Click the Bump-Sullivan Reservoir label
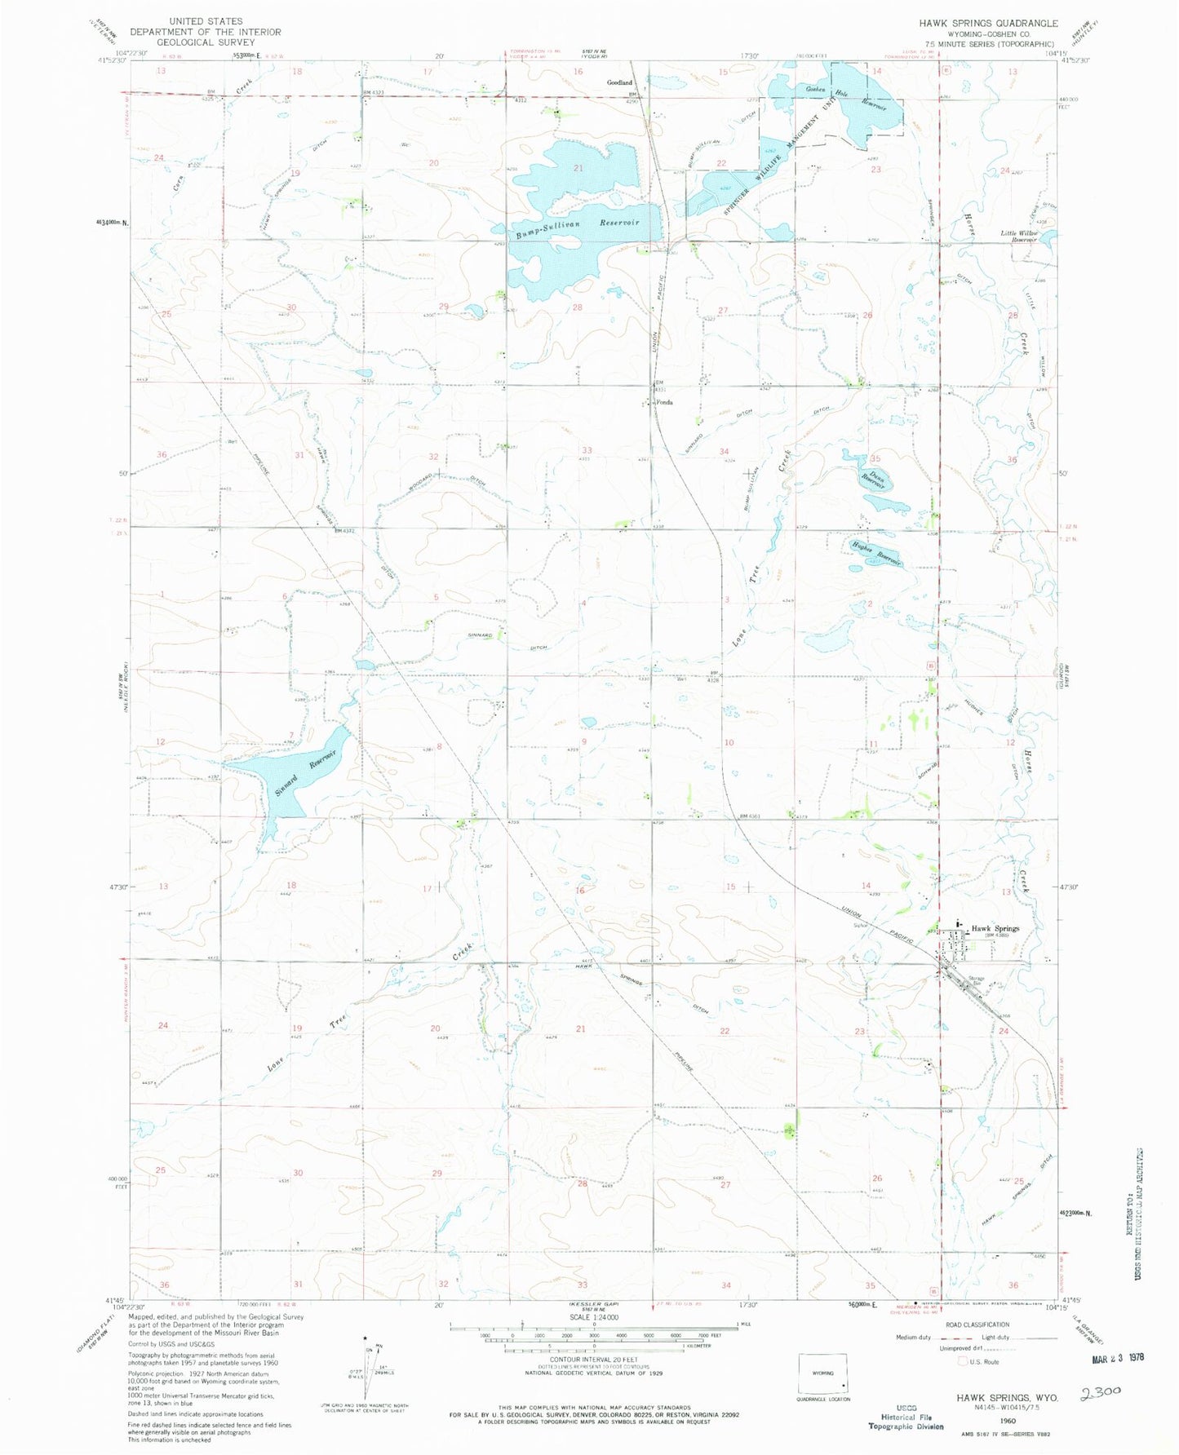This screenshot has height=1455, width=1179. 577,228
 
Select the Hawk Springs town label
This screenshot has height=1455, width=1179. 995,928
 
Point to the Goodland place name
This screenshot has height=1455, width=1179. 619,82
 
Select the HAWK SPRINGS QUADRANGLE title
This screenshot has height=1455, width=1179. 988,24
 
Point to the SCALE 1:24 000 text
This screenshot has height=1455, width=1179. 594,1317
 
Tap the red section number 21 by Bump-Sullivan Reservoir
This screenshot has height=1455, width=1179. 578,168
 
